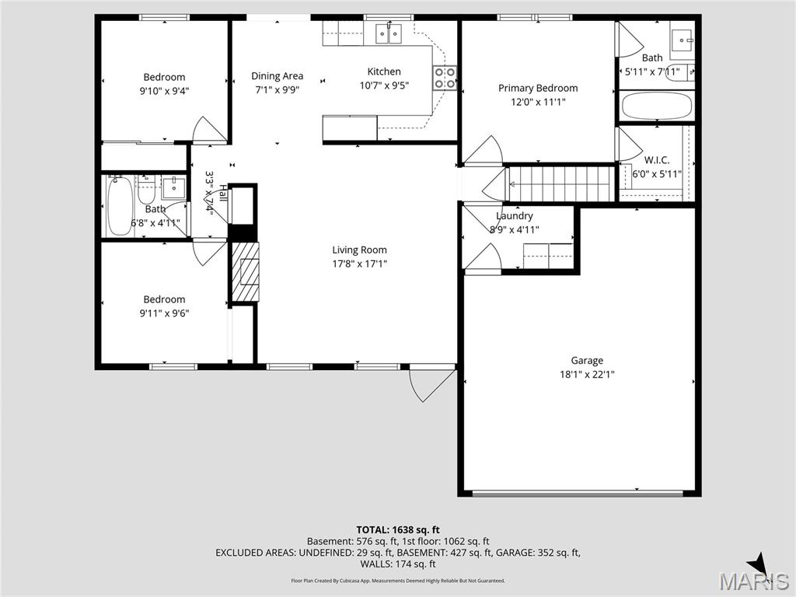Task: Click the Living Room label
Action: click(x=359, y=250)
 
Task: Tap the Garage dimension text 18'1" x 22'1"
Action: click(x=587, y=374)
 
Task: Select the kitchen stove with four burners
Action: click(x=445, y=78)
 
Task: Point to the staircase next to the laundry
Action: click(x=551, y=183)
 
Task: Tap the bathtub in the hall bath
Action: click(x=120, y=205)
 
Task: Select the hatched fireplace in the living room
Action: click(x=245, y=271)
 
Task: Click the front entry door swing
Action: click(x=431, y=382)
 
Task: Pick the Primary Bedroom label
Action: click(x=538, y=88)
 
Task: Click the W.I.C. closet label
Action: click(x=657, y=160)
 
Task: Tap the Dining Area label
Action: click(x=277, y=75)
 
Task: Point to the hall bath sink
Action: click(x=173, y=187)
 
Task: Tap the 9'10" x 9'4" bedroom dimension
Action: click(x=165, y=90)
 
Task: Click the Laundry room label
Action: click(x=515, y=215)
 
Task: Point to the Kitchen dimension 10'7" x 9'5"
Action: click(x=384, y=86)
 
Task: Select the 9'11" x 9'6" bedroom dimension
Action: click(x=164, y=313)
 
